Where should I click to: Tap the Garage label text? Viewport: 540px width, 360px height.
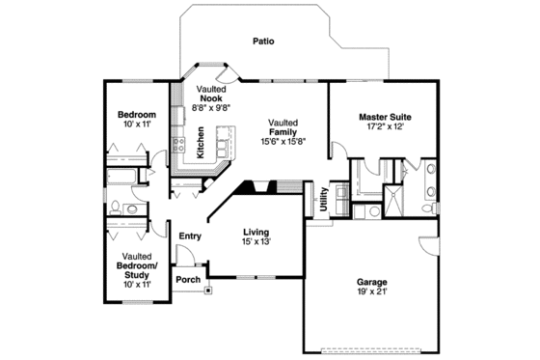(373, 283)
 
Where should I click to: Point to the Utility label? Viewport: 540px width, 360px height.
(323, 199)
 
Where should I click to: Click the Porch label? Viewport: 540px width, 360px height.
(187, 280)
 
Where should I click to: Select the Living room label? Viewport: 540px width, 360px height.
(256, 232)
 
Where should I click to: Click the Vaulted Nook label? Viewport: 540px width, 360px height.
(211, 95)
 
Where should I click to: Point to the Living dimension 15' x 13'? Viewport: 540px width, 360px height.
(256, 242)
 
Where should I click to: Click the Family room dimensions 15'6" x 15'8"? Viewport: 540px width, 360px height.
(283, 142)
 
